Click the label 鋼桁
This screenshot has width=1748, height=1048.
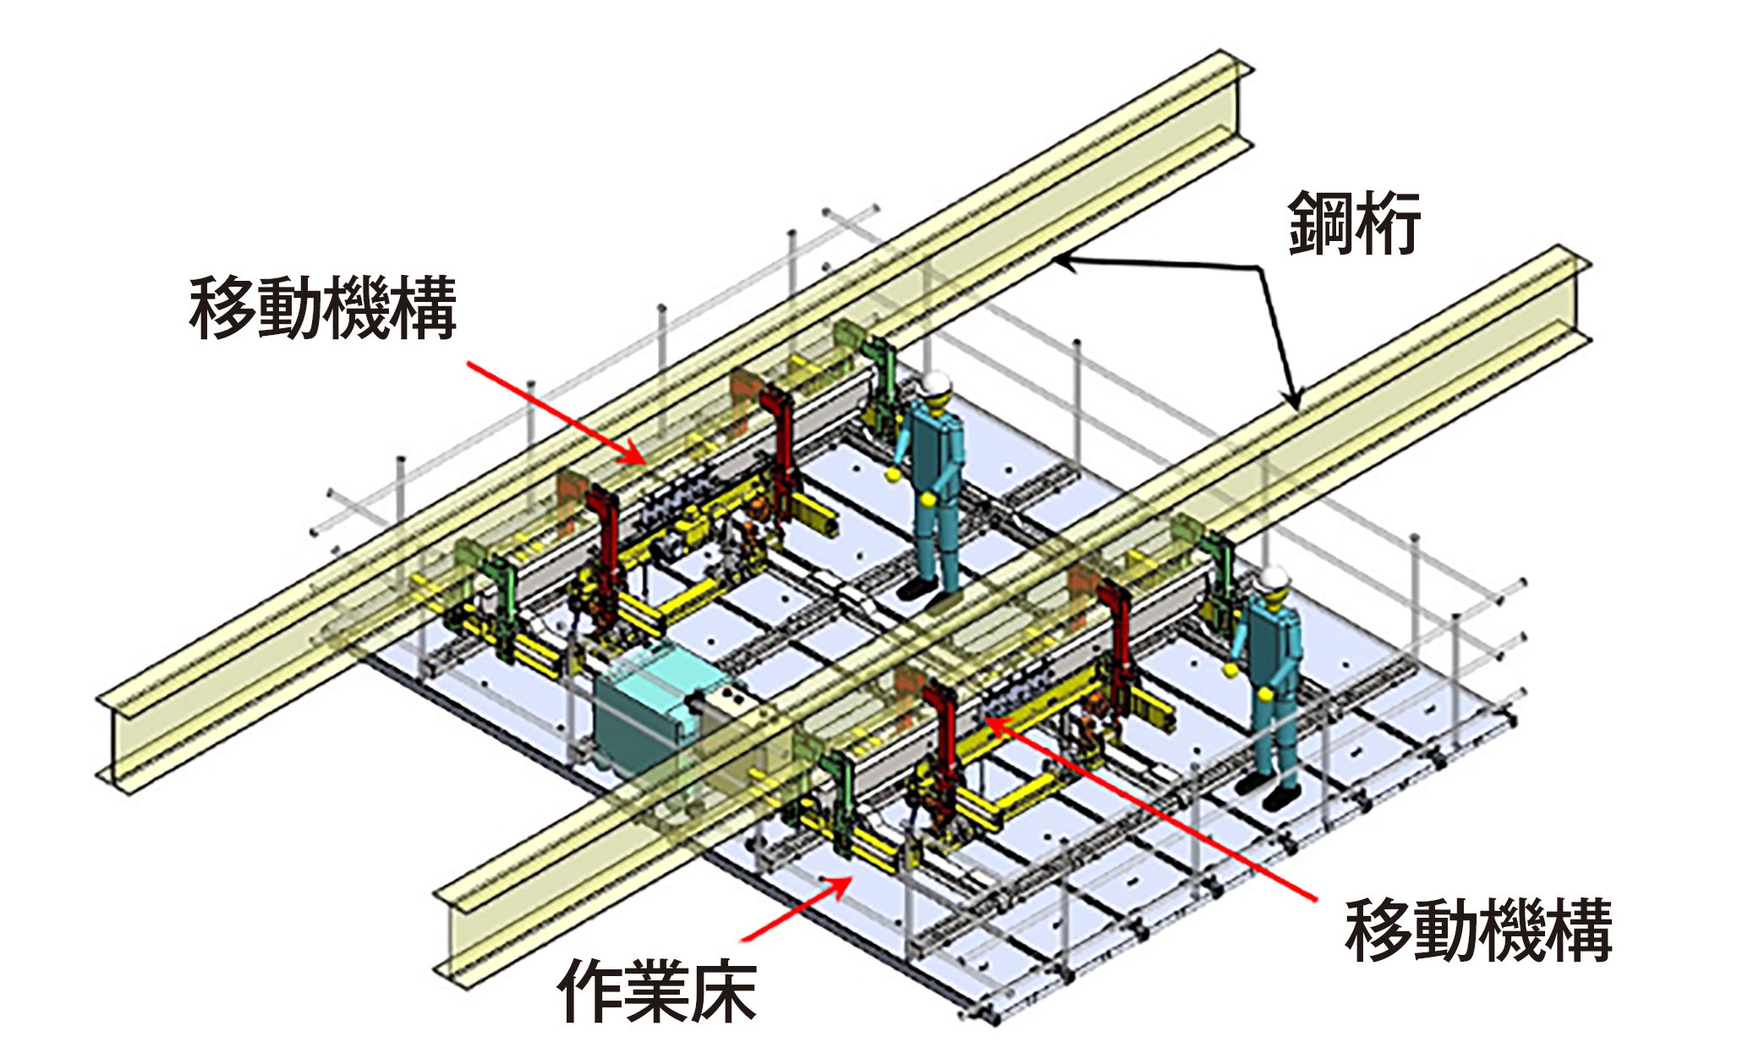click(1354, 223)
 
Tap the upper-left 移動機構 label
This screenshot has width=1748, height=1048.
click(323, 307)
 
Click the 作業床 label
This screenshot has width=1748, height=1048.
click(656, 990)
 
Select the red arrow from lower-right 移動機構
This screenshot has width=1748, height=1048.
click(1150, 809)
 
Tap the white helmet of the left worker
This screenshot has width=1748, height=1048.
click(936, 384)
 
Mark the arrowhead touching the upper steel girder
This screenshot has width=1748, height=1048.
click(1062, 263)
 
